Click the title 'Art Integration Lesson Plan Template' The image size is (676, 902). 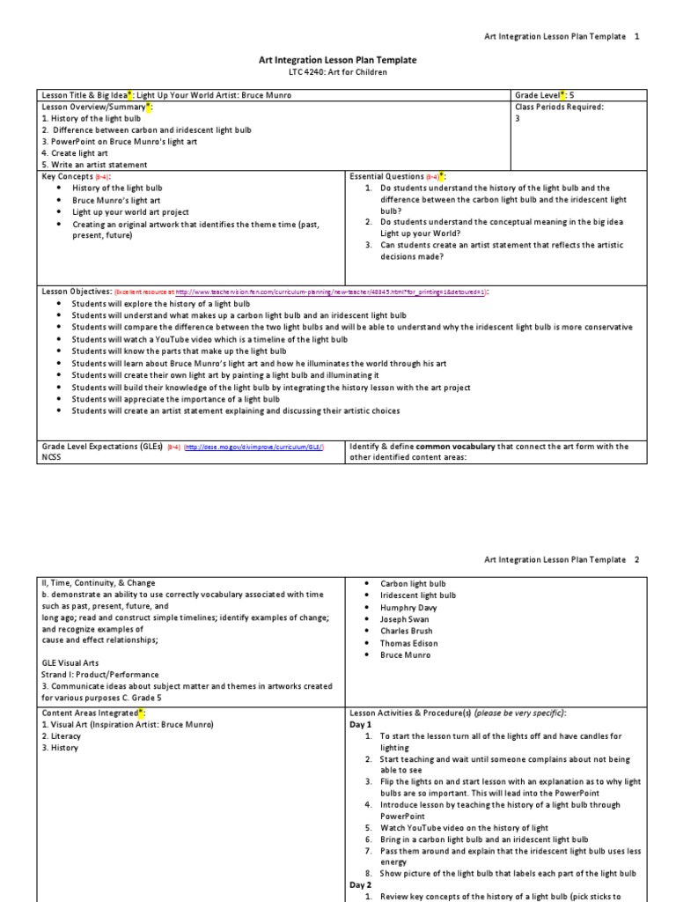[337, 60]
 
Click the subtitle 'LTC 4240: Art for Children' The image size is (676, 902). [337, 72]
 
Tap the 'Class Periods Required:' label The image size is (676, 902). [557, 107]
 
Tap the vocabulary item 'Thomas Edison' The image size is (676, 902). [408, 643]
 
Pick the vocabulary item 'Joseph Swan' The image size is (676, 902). [406, 619]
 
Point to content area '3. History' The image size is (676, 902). [60, 748]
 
